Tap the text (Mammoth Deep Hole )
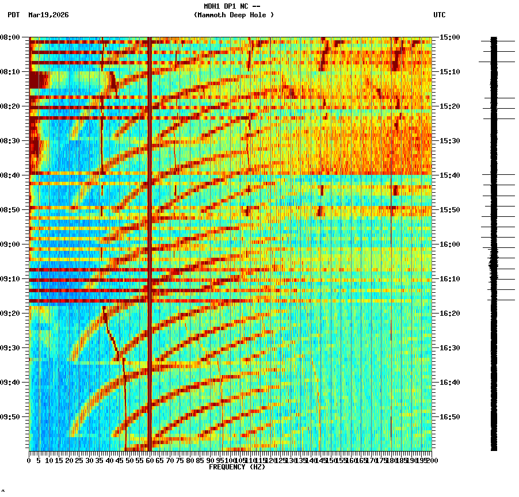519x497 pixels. [234, 15]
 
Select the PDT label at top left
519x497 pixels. [13, 15]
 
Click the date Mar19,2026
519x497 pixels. [48, 15]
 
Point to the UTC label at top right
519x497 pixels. [439, 15]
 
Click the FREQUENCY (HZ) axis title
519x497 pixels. [236, 467]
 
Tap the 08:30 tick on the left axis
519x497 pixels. [10, 141]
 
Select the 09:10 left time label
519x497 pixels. [10, 279]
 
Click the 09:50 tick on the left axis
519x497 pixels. [10, 417]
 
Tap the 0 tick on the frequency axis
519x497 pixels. [29, 461]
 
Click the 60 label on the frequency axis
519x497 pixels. [150, 461]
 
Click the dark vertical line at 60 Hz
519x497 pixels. [150, 242]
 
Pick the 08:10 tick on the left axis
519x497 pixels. [10, 72]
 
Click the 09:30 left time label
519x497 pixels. [10, 348]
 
